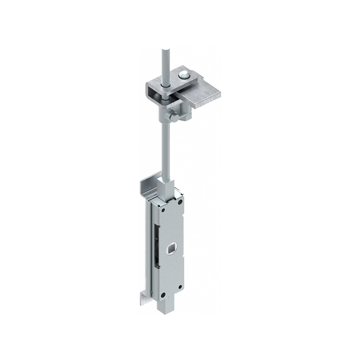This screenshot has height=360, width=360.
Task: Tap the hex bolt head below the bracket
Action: pyautogui.click(x=174, y=118)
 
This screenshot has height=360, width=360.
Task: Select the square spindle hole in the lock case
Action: pyautogui.click(x=171, y=247)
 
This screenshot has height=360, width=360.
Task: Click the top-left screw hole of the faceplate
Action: pyautogui.click(x=162, y=207)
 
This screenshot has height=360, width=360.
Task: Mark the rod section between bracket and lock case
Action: pyautogui.click(x=165, y=148)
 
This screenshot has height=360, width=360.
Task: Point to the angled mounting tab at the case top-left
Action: pyautogui.click(x=148, y=184)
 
